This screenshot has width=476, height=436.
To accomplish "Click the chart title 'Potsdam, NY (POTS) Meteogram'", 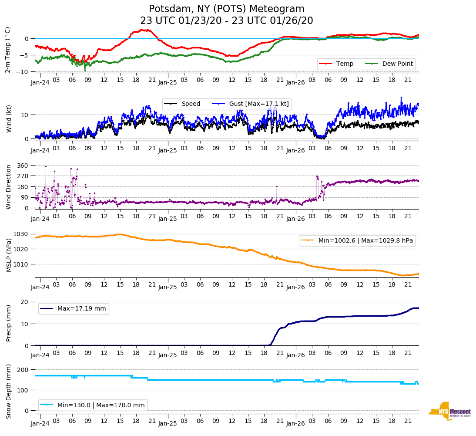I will (x=227, y=9).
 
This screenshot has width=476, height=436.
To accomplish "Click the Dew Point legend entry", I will (x=398, y=64).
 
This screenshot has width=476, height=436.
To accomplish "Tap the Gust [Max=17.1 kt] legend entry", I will (x=261, y=104).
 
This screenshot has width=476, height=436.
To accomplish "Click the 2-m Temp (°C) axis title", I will (x=8, y=50).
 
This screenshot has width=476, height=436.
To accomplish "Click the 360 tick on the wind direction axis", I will (x=23, y=166).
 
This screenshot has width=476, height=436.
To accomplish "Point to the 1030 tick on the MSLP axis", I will (x=21, y=234).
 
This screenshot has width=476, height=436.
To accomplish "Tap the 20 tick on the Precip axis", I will (x=25, y=302).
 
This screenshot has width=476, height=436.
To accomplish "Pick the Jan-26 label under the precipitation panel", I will (x=295, y=355).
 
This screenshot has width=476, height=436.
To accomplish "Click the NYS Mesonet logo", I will (x=449, y=411).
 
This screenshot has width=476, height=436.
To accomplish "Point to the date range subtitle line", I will (x=227, y=21).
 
